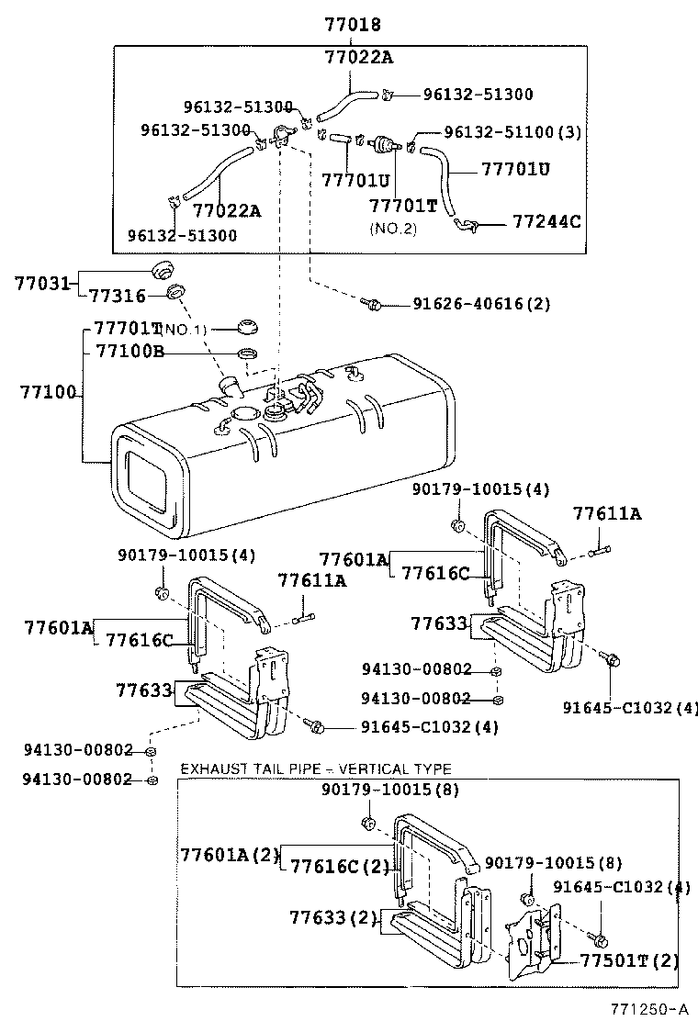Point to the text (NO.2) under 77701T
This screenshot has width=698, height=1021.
[393, 227]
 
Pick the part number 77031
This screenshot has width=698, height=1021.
[42, 283]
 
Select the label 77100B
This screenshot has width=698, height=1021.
[129, 352]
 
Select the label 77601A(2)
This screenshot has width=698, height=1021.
[228, 854]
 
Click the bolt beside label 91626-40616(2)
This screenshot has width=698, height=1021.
[372, 302]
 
